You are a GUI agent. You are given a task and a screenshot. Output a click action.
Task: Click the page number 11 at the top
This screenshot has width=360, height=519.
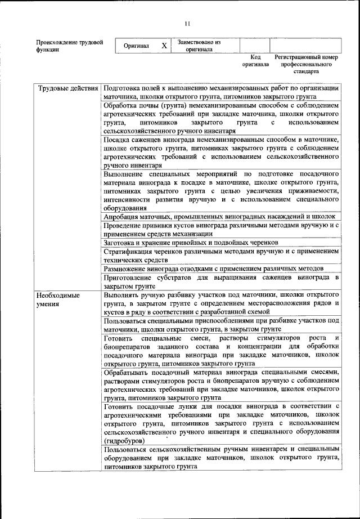[x=187, y=23]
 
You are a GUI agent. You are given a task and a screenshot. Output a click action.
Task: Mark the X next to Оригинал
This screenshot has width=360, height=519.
[x=164, y=46]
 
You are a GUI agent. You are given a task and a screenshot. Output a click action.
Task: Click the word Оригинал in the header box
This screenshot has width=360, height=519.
[x=136, y=46]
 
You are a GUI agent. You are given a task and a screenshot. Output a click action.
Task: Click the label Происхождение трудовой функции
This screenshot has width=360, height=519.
[x=69, y=46]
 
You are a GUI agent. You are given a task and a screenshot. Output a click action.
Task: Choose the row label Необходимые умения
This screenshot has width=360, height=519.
[x=58, y=299]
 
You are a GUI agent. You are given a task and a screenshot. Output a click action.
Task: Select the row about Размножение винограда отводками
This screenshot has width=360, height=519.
[x=214, y=268]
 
